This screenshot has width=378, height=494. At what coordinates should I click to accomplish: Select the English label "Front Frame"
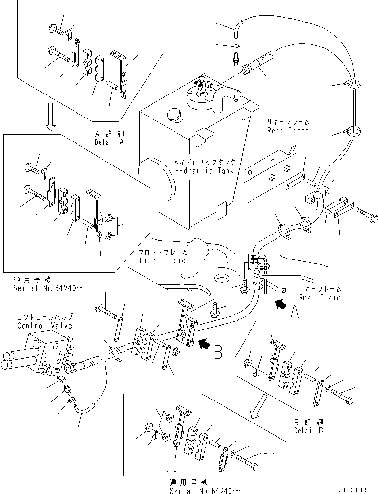tap(163, 260)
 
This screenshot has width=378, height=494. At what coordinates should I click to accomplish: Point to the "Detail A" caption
tap(109, 141)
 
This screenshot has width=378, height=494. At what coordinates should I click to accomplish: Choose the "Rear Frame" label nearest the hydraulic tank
tap(288, 130)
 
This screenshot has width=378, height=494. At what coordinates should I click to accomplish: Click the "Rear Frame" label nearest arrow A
tap(320, 297)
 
